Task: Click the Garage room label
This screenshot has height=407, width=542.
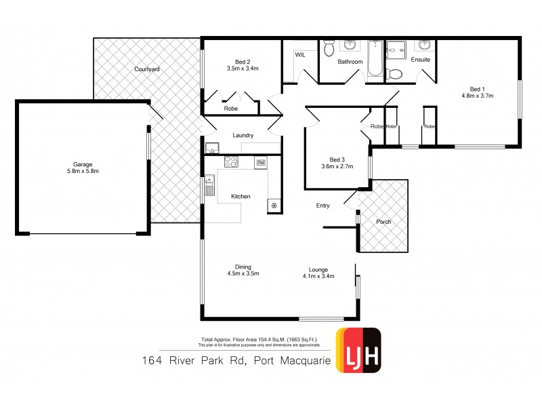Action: (82, 163)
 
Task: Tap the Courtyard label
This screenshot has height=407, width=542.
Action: (146, 69)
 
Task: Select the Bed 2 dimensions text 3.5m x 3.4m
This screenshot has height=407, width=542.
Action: (242, 68)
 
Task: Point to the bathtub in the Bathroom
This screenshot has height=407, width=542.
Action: (374, 58)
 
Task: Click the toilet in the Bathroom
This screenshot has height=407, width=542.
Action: (329, 48)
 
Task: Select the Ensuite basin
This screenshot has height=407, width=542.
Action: (424, 45)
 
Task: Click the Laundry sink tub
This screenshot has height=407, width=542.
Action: (211, 149)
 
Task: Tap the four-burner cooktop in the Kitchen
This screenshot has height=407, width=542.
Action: (231, 162)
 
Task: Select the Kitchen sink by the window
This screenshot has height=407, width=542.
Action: (210, 184)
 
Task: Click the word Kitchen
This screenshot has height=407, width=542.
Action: (241, 197)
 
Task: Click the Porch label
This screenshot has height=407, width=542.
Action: (383, 222)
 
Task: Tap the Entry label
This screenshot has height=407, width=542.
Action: (323, 206)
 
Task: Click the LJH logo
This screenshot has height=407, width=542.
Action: (358, 351)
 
